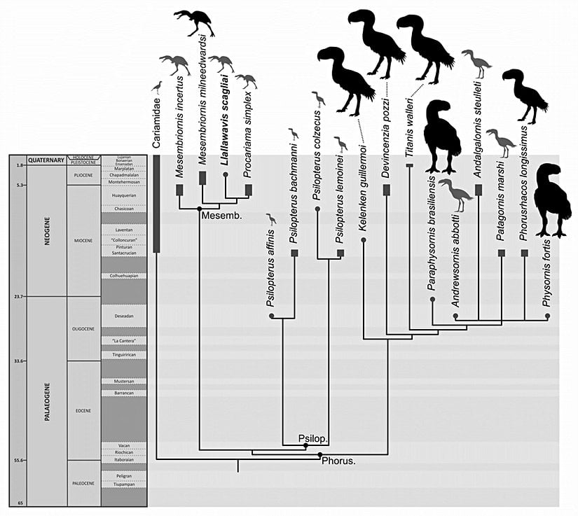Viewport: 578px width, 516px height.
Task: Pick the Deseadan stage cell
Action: [123, 316]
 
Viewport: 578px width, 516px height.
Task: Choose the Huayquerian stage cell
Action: [123, 195]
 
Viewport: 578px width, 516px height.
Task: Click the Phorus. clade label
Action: [338, 461]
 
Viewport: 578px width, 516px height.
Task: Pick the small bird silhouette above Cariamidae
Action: [158, 87]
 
